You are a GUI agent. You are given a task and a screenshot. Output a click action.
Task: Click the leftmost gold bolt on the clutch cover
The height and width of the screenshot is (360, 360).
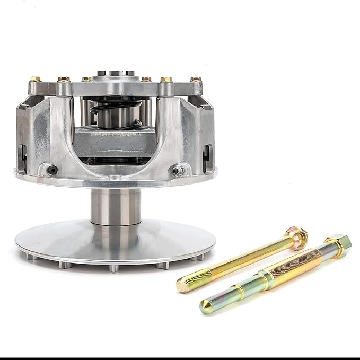[35, 80]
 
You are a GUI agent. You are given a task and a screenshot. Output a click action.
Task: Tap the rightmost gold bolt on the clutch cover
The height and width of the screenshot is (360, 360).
[196, 80]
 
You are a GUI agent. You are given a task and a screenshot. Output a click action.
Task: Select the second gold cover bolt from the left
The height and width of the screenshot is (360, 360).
[64, 80]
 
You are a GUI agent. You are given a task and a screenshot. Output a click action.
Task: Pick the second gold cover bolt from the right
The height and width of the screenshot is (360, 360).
[166, 80]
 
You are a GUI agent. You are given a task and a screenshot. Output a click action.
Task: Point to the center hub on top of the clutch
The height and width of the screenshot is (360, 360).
[116, 75]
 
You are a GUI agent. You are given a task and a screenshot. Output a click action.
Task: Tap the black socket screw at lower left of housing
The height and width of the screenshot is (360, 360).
[52, 170]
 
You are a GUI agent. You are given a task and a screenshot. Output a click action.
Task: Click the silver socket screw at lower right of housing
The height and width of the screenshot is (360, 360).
[179, 170]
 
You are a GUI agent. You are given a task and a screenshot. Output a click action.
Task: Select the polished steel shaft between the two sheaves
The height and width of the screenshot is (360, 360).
[116, 207]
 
